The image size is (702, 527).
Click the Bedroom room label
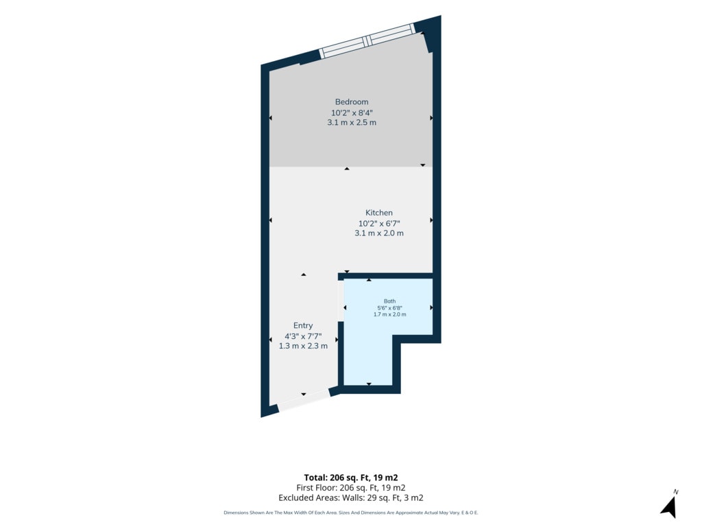point(352,102)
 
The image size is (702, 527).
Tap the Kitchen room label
point(378,213)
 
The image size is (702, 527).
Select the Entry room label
point(303,326)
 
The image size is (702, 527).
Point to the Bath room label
point(389,301)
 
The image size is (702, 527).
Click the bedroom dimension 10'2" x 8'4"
point(352,113)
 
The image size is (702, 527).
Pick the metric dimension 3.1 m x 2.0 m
point(378,233)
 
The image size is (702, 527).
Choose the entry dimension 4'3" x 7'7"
point(303,336)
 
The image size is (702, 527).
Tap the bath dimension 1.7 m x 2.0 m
point(389,314)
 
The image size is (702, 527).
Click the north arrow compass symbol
point(669,506)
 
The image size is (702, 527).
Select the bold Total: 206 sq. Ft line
point(351,478)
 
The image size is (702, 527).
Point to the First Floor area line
point(351,488)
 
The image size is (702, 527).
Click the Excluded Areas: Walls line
point(351,498)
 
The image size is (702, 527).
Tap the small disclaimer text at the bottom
point(351,513)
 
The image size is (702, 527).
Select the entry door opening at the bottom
point(304,401)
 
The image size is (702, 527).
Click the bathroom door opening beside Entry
point(341,301)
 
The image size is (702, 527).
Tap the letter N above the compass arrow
point(675,492)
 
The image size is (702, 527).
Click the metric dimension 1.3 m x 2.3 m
point(303,346)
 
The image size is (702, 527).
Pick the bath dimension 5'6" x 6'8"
point(389,308)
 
